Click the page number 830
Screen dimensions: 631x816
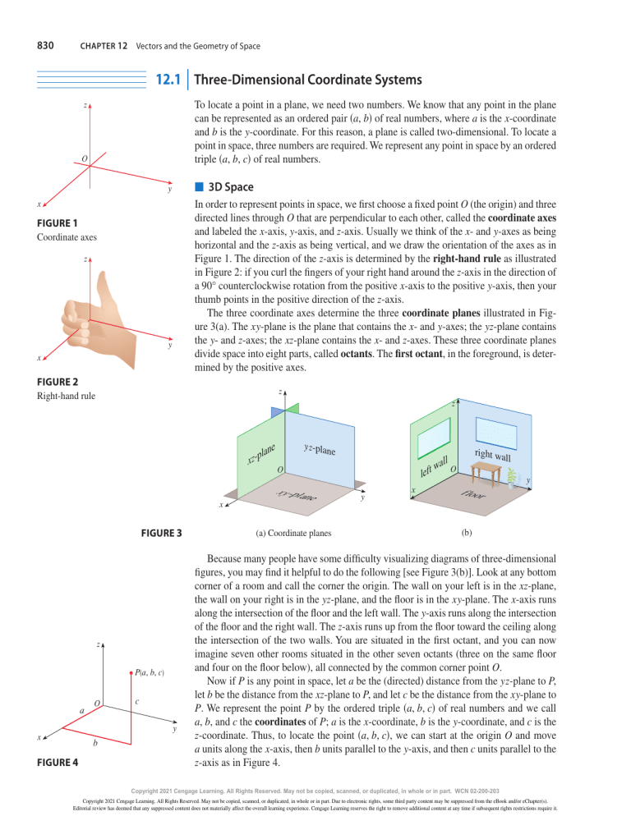point(45,46)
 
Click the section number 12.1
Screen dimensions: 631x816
point(168,80)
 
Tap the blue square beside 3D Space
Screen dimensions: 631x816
point(199,186)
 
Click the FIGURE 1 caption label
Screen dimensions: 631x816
point(58,223)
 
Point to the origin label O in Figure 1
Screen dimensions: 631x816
point(85,158)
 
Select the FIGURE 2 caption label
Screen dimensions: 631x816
point(58,382)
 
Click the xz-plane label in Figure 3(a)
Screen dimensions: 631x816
point(261,453)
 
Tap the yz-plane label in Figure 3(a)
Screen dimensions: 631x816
point(320,448)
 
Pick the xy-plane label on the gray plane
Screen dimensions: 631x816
point(296,494)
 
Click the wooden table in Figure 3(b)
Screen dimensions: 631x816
point(486,474)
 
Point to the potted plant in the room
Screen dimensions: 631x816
point(511,478)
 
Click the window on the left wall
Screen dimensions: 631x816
point(434,438)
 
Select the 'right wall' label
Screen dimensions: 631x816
point(492,456)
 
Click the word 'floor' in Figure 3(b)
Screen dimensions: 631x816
point(473,494)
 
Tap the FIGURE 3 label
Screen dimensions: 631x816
point(162,533)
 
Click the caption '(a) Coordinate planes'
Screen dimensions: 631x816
point(293,533)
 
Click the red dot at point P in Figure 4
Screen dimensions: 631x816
point(131,673)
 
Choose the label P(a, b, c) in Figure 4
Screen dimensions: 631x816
point(150,672)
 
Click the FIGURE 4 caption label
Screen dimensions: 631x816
point(58,763)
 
